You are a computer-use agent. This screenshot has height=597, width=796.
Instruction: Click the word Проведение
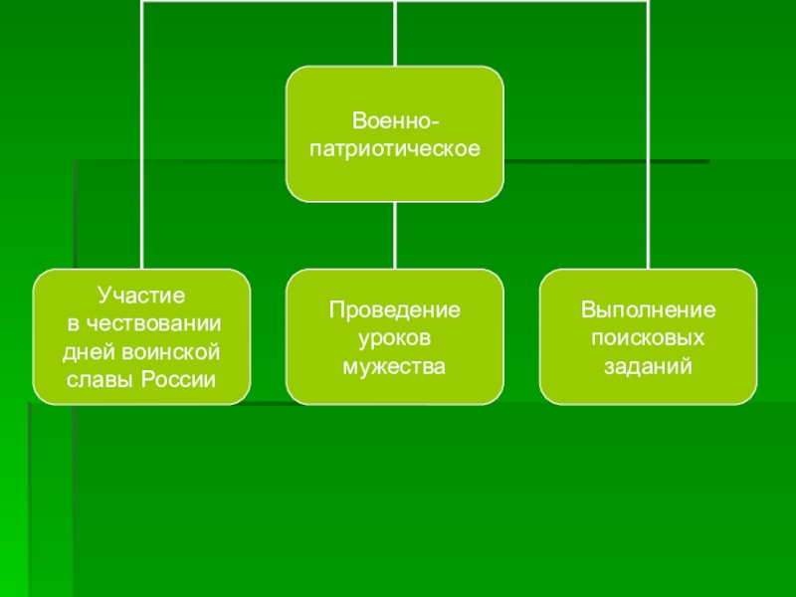[395, 309]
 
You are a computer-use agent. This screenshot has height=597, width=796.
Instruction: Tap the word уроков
[395, 338]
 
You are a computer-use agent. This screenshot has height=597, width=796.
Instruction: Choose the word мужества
[395, 367]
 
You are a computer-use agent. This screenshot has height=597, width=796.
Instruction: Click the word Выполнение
[649, 309]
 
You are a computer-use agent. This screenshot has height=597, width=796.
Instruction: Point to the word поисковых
[649, 338]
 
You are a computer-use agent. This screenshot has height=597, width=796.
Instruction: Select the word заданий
[649, 367]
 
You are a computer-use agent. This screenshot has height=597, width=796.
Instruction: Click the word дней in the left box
[87, 352]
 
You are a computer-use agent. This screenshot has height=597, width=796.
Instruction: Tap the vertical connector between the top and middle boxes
[395, 235]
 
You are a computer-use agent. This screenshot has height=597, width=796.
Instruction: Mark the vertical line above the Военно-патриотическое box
[395, 35]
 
